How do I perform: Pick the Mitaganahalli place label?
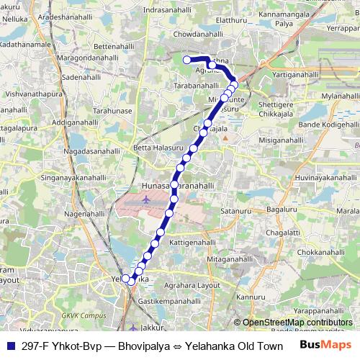pos(231,258)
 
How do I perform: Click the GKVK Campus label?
pos(83,315)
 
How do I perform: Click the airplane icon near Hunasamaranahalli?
pos(147,199)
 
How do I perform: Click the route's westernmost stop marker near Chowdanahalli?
pos(186,60)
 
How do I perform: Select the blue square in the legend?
pos(10,346)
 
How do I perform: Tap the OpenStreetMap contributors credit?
pos(298,323)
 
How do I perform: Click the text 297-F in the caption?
pos(35,346)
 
